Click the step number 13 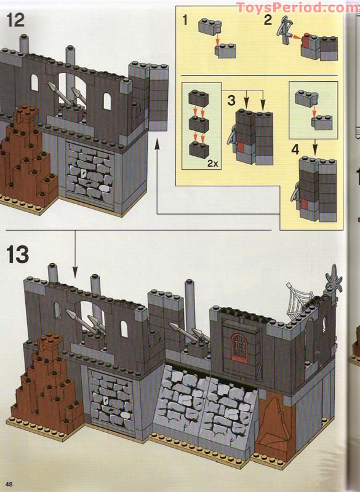pos(17,253)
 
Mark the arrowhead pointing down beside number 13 pos(74,271)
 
